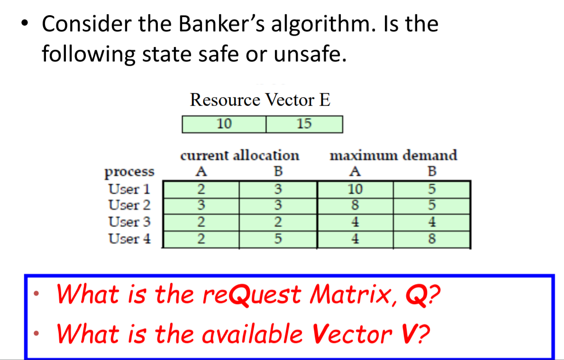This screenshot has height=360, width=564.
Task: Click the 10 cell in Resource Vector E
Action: [224, 124]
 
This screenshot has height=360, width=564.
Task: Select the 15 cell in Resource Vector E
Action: [304, 124]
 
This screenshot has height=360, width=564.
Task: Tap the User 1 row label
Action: [129, 189]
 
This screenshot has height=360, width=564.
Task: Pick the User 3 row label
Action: [129, 222]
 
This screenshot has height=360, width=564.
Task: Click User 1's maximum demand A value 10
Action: [355, 189]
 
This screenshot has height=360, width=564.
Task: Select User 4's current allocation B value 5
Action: [278, 239]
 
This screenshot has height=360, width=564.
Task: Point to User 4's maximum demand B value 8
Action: [431, 239]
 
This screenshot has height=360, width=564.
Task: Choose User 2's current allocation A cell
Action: [201, 205]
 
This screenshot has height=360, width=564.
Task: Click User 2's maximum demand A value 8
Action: [355, 205]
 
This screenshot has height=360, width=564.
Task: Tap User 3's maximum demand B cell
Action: [431, 222]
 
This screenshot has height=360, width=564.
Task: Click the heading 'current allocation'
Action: [240, 155]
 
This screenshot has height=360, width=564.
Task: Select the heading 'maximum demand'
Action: [393, 155]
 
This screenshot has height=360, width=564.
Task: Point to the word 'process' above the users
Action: [129, 171]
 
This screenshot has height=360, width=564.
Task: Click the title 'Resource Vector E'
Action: [260, 100]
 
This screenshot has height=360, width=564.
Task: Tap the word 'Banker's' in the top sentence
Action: [222, 24]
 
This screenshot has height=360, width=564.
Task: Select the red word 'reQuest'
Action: [253, 295]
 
